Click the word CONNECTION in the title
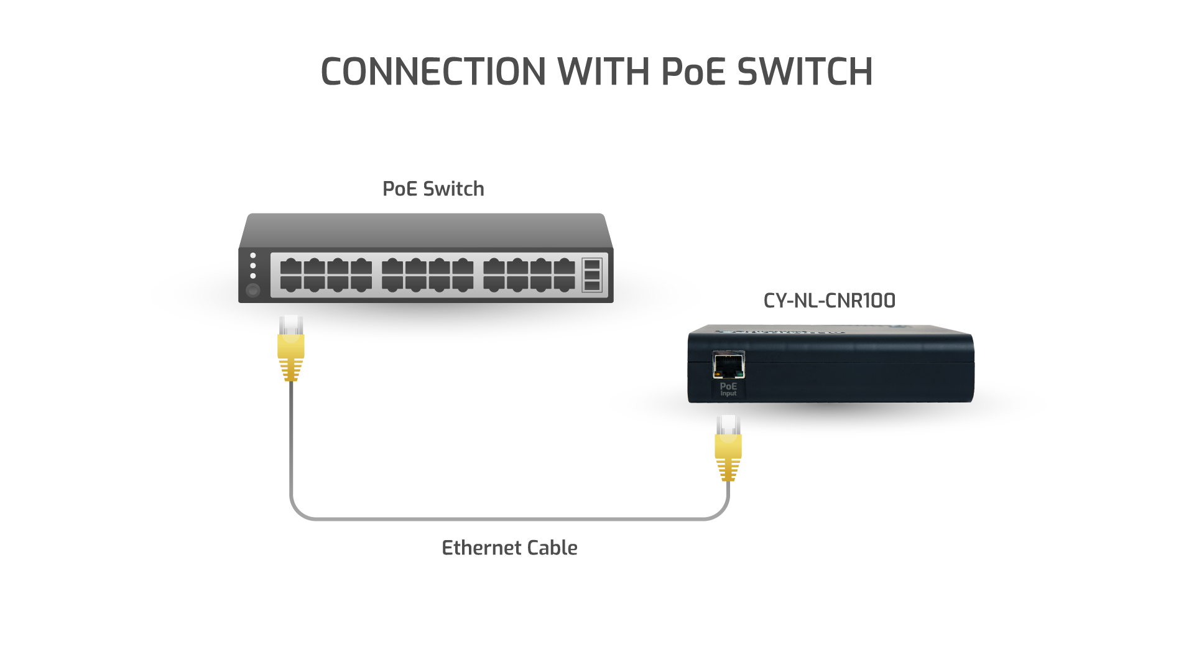(433, 72)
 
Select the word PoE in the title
(693, 72)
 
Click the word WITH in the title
(603, 72)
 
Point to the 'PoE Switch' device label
(433, 189)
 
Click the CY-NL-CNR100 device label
(829, 301)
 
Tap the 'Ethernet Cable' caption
(509, 548)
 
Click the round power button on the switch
(252, 290)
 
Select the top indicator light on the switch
(252, 256)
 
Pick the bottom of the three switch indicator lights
(252, 276)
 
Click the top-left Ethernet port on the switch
(290, 268)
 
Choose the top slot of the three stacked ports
(592, 263)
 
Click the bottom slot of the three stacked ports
(592, 286)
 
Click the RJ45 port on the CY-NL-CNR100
(728, 365)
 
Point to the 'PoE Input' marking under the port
(728, 390)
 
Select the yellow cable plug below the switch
(290, 348)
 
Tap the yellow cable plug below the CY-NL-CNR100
(728, 448)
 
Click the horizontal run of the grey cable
(509, 518)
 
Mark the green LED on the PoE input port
(739, 375)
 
